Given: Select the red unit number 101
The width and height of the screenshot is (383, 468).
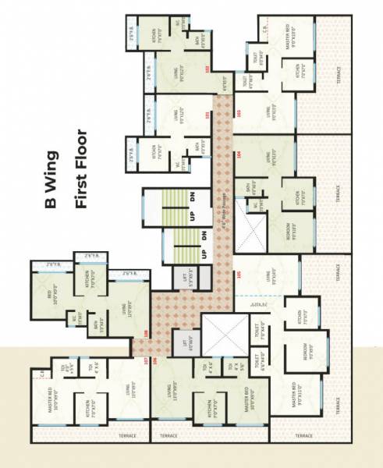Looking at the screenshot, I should point(207,118).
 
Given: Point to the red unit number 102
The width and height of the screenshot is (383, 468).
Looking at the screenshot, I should point(207,69).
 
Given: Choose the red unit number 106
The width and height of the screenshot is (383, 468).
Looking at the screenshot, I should point(154,360).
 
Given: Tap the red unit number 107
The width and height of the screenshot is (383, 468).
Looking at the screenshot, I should point(145,360).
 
